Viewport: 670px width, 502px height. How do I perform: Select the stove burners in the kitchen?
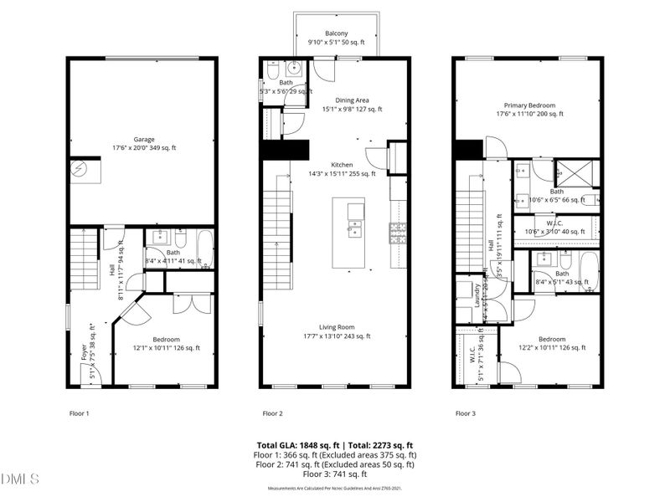click(x=398, y=230)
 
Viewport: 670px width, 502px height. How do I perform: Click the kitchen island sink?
click(x=354, y=223)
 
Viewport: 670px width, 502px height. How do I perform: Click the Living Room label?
click(x=335, y=331)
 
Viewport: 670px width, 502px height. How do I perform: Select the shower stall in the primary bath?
click(x=577, y=172)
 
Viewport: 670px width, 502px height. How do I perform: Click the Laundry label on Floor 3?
click(x=476, y=299)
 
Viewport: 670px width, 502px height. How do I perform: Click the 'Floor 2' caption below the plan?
click(x=272, y=413)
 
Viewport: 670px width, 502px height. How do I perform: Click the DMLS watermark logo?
click(x=20, y=479)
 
